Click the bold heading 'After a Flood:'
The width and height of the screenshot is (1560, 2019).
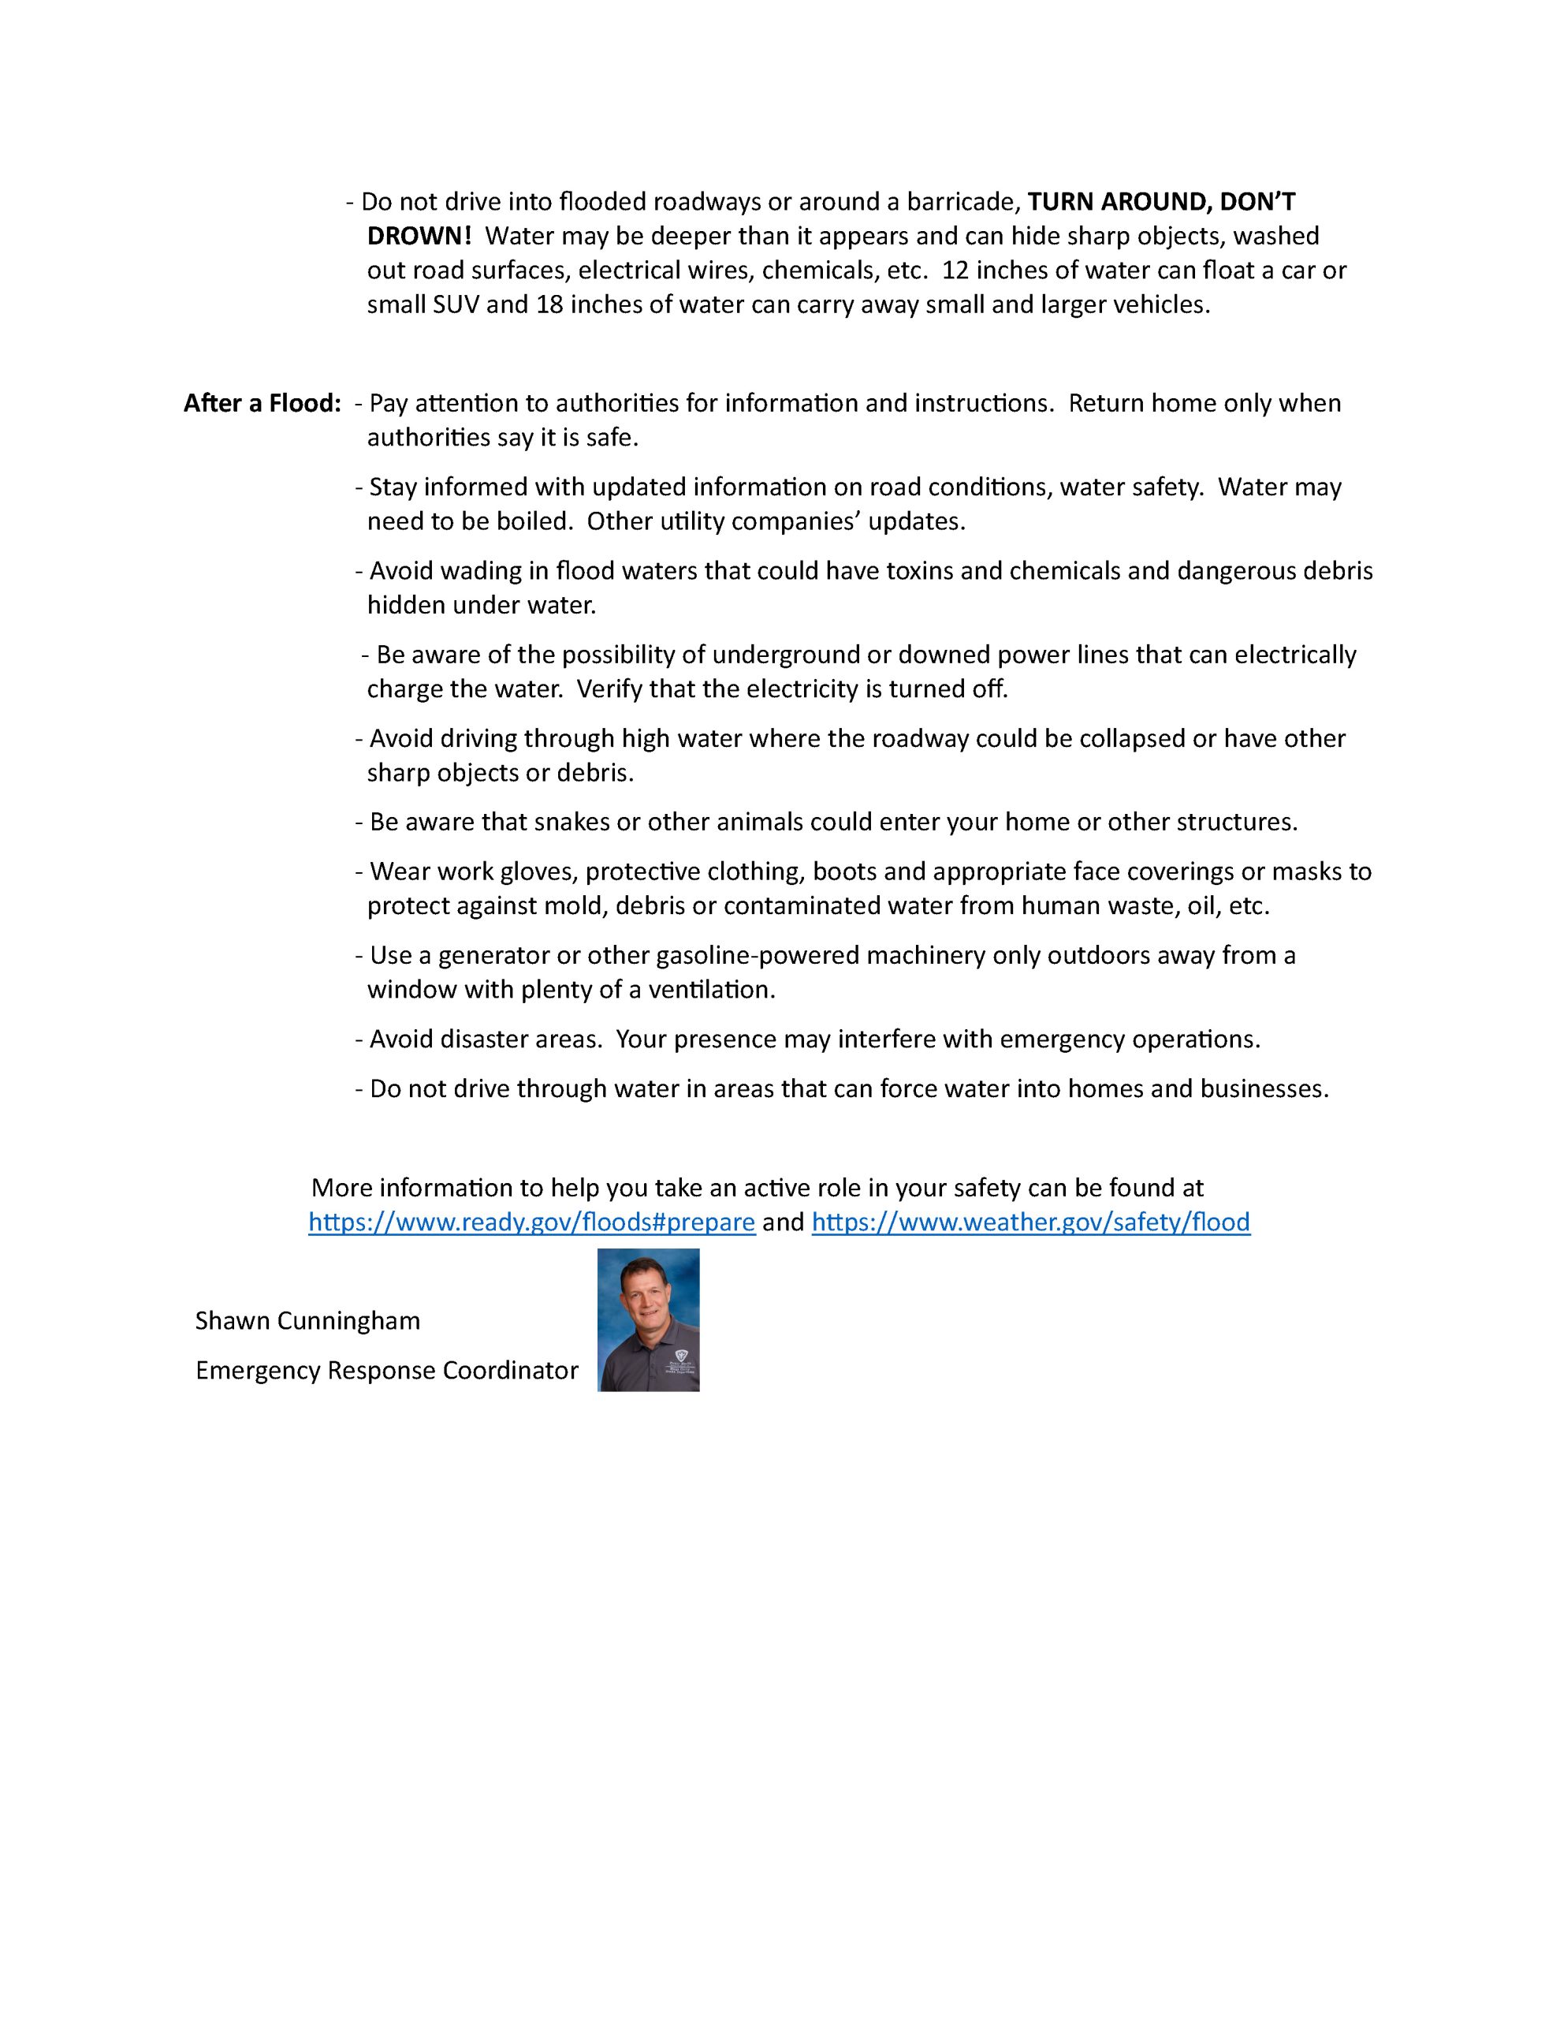(262, 404)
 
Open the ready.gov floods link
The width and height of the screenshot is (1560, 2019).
(531, 1222)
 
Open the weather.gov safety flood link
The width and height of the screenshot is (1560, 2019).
(1030, 1222)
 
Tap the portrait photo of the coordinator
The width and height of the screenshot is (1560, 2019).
(648, 1320)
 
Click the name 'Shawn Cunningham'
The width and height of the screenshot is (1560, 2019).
(307, 1321)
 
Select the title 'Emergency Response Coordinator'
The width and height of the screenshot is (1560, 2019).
(386, 1370)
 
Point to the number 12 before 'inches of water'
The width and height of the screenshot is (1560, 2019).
(955, 271)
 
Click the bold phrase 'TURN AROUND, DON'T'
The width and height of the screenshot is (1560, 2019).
(1162, 202)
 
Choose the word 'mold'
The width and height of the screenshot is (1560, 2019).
(572, 906)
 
